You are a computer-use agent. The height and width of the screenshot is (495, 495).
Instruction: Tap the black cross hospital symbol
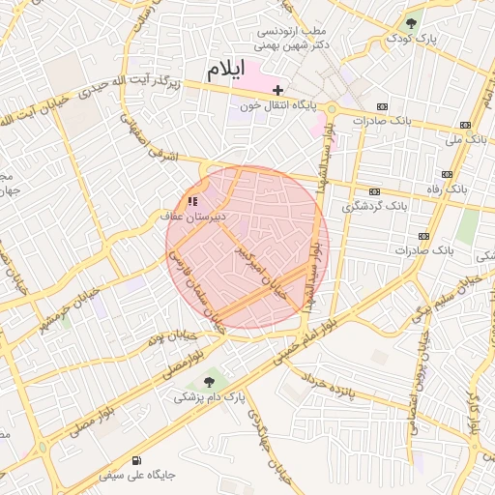click(278, 89)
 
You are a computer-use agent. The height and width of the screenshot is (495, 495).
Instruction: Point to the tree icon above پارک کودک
click(413, 22)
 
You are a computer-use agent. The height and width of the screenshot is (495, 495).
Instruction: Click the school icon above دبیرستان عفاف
click(191, 201)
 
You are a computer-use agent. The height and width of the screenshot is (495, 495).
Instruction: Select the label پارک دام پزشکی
click(210, 396)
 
